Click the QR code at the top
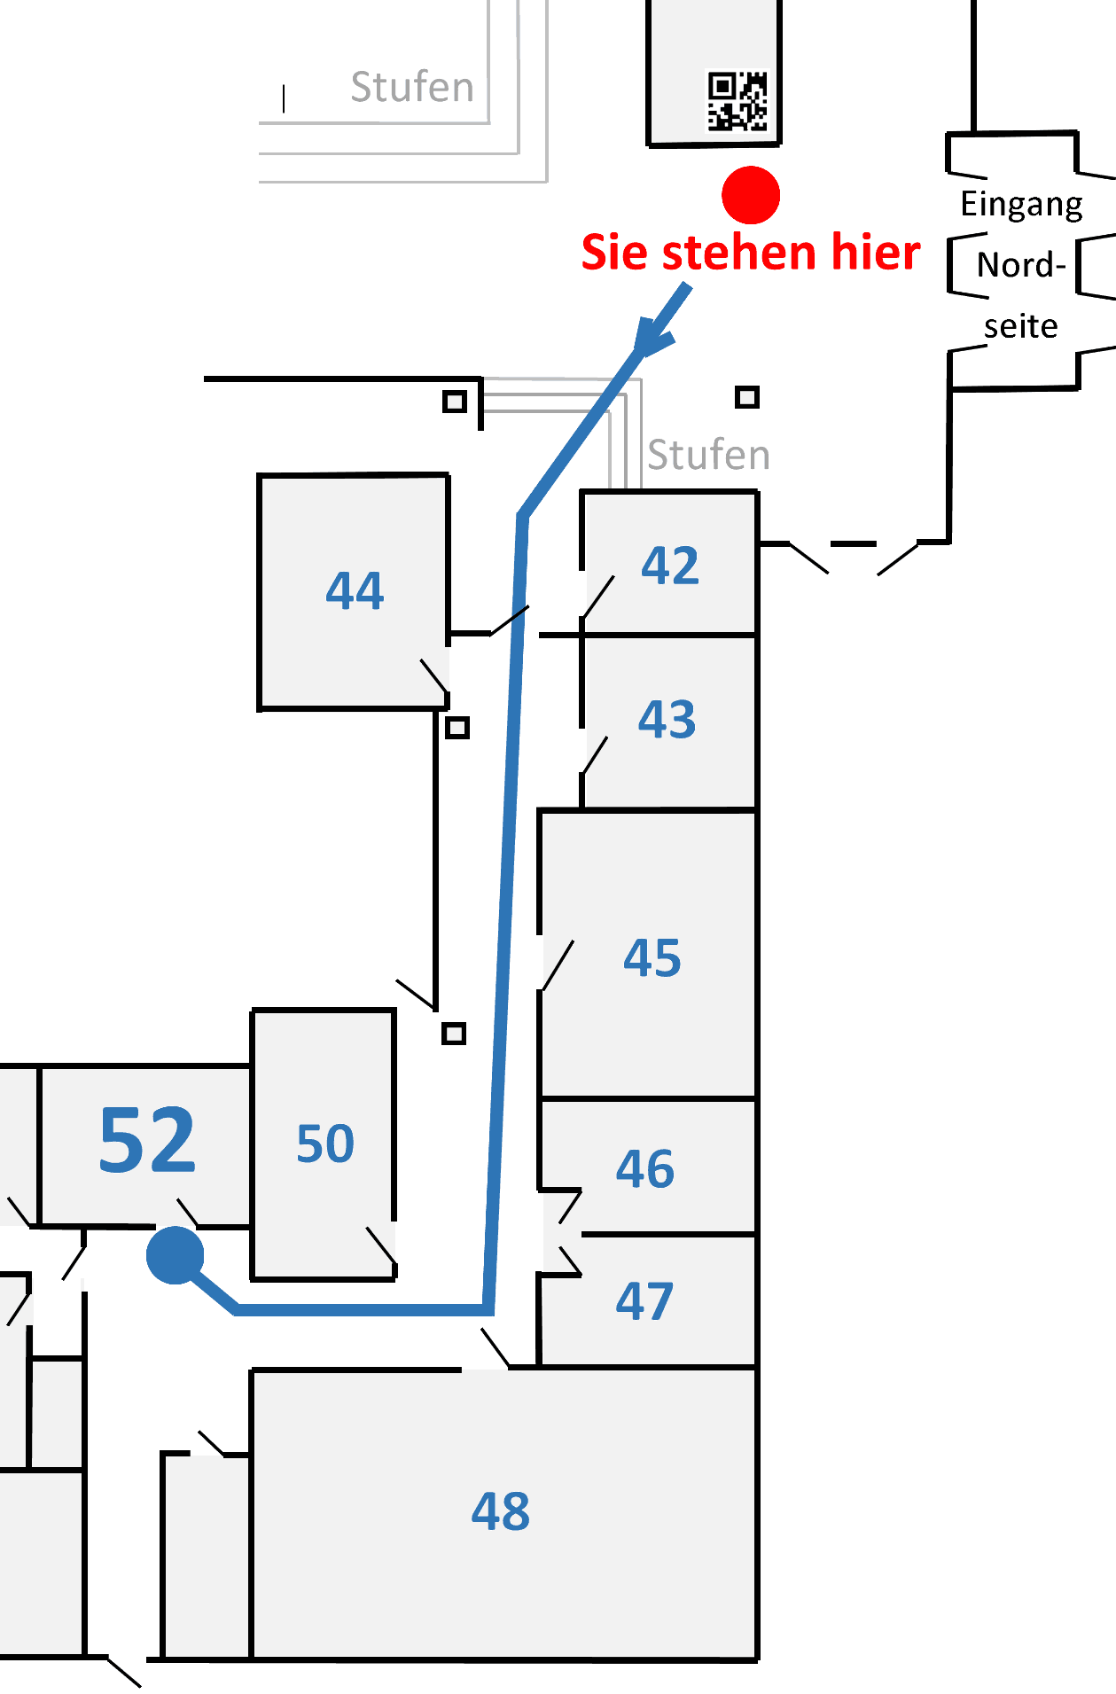click(x=737, y=101)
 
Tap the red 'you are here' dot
click(x=751, y=195)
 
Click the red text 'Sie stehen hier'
click(x=750, y=253)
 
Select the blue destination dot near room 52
click(x=176, y=1254)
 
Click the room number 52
click(x=147, y=1140)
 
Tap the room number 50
click(x=325, y=1144)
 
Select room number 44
click(x=355, y=590)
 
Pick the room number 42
click(x=670, y=566)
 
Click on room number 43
click(x=667, y=719)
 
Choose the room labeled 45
click(x=652, y=958)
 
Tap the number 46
click(x=645, y=1169)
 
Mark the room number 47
click(x=644, y=1301)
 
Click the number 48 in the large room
click(x=501, y=1511)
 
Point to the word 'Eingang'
click(x=1021, y=205)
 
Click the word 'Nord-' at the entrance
click(x=1020, y=265)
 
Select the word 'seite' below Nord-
click(x=1020, y=326)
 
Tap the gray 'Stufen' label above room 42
click(x=708, y=455)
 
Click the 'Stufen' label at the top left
click(x=412, y=87)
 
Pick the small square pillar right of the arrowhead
click(x=747, y=397)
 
